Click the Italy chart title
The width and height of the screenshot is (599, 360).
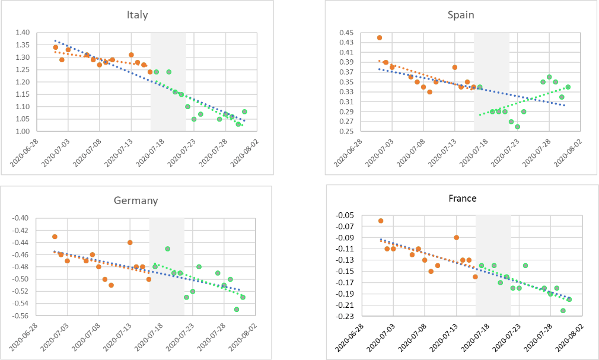[x=137, y=15]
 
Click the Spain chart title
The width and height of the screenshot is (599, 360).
[x=461, y=15]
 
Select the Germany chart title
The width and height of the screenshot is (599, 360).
[x=136, y=200]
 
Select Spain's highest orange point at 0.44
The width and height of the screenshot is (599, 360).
[x=380, y=37]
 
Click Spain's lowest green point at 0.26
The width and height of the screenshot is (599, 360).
[x=517, y=126]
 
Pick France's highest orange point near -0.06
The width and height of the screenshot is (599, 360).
[x=381, y=221]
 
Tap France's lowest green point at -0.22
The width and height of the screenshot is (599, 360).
[x=563, y=311]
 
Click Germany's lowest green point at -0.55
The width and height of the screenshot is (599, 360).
[x=237, y=310]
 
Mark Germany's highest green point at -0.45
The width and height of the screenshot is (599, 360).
[x=167, y=249]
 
